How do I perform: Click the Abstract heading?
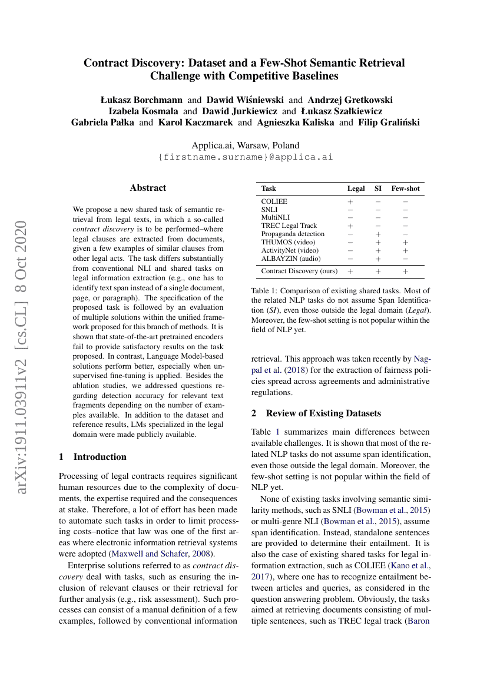click(148, 188)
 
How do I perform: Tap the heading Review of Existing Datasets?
click(323, 413)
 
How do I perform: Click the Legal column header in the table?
click(356, 188)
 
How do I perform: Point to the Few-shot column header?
click(405, 188)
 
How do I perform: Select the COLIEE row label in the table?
click(274, 201)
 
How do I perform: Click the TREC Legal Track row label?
click(289, 226)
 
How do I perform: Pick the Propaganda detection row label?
click(293, 234)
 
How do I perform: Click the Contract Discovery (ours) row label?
click(299, 271)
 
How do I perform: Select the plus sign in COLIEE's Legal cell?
click(350, 201)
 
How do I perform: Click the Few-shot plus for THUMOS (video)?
click(405, 242)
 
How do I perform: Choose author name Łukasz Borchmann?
click(142, 100)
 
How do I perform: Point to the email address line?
click(246, 157)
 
